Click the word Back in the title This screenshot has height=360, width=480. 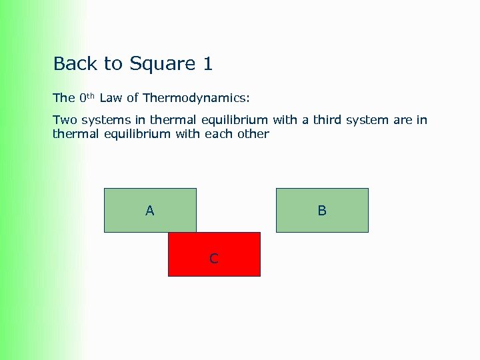point(75,64)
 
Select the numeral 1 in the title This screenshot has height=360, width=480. point(207,64)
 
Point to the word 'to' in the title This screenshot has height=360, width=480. point(113,64)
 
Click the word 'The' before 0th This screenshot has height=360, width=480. point(63,98)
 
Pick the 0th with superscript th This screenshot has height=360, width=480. point(87,98)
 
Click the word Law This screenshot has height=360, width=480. point(111,98)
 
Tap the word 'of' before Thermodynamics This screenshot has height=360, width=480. point(132,98)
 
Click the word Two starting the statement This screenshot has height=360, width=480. point(64,120)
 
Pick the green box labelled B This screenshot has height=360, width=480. point(322,210)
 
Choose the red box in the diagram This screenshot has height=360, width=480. point(227,263)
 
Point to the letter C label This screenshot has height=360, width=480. point(213,259)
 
